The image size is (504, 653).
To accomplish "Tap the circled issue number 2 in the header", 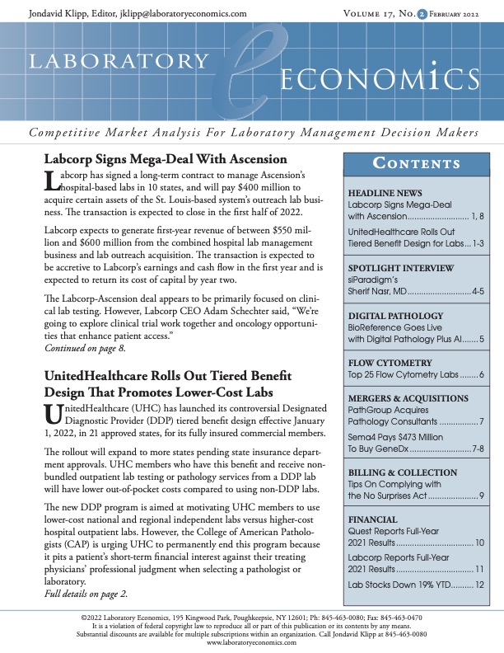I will [x=422, y=14].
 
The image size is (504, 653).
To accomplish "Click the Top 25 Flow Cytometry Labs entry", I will [x=401, y=375].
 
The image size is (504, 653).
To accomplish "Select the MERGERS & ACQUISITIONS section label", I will [x=402, y=398].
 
